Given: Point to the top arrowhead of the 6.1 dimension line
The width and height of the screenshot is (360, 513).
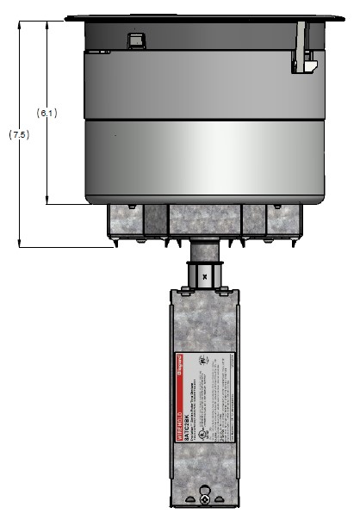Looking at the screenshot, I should (47, 23).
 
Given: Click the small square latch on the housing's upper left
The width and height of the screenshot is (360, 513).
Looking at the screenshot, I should (134, 40).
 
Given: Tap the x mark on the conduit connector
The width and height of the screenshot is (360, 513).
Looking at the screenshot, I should (203, 277).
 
